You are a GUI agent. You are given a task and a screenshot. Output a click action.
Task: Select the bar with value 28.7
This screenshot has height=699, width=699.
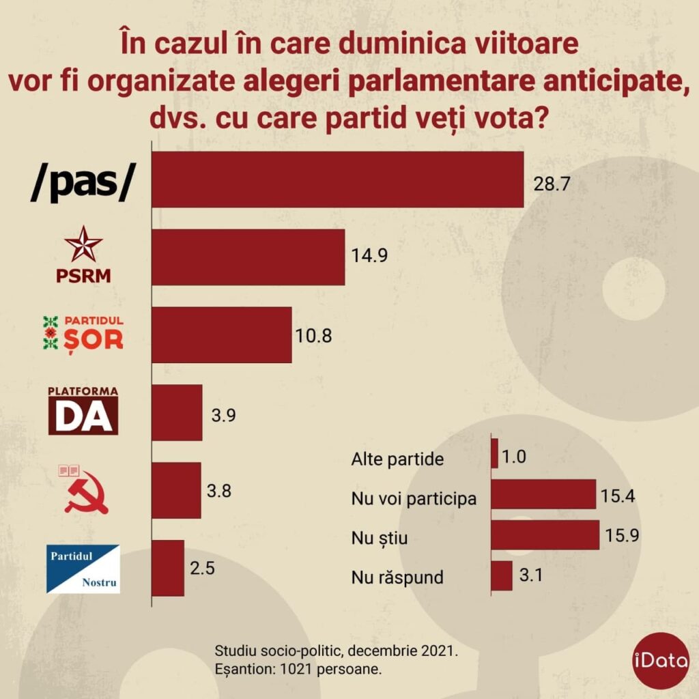337,179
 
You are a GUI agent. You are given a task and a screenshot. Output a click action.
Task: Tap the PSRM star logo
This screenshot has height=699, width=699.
83,244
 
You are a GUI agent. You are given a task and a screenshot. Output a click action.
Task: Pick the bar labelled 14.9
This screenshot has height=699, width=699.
248,257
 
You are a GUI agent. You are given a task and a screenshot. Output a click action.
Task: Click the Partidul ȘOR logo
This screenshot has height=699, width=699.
83,333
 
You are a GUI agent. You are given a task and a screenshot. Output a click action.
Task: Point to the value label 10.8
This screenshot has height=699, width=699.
313,336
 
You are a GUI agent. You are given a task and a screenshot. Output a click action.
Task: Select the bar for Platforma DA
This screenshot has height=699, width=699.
177,412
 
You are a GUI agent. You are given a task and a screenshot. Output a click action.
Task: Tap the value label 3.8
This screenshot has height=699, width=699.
220,491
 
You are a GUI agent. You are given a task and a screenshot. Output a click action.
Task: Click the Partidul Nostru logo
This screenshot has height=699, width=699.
83,569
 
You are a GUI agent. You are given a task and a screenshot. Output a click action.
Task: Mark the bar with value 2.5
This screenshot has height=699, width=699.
168,568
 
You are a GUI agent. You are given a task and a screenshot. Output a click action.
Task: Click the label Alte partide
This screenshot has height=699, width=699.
398,459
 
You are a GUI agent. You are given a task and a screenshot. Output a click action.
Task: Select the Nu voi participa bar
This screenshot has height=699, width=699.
543,494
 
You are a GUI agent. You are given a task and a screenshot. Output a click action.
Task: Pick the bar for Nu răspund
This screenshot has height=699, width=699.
502,575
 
